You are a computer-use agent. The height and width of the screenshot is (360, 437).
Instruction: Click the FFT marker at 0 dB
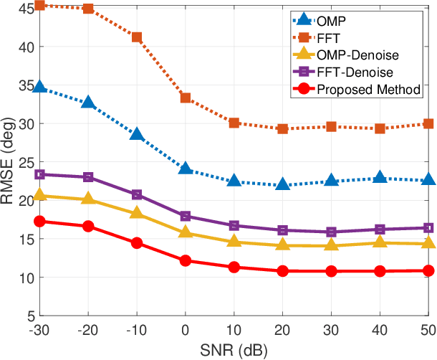click(185, 98)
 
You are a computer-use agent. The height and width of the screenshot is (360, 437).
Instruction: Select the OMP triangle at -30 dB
click(39, 87)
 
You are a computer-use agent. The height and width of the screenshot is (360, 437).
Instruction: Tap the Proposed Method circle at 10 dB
click(234, 267)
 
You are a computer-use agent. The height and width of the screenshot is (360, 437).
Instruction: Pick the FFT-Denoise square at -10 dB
click(136, 194)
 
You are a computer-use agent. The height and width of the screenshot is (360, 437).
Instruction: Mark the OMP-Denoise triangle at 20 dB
click(282, 245)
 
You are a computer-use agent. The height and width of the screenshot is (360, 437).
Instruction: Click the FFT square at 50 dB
click(428, 123)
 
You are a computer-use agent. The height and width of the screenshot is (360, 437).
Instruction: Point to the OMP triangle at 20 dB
click(282, 185)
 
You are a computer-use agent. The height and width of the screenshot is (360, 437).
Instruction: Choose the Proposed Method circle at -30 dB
click(39, 222)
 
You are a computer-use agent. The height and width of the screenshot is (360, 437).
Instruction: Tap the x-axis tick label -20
click(87, 331)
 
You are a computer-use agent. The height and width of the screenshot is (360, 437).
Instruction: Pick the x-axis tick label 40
click(380, 331)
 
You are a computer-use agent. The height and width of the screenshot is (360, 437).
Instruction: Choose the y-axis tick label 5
click(29, 316)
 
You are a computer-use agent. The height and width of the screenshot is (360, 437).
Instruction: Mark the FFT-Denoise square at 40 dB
click(380, 229)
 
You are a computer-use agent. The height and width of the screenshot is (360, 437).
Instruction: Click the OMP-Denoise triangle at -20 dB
click(88, 198)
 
